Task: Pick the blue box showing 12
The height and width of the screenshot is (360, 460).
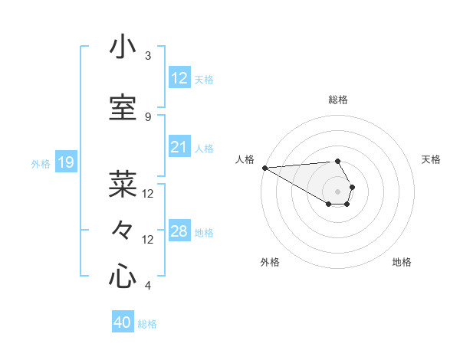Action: tap(179, 77)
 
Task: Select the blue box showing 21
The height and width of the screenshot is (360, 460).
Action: tap(179, 147)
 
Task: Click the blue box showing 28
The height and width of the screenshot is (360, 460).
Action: tap(179, 231)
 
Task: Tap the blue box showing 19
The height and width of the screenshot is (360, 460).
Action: tap(65, 162)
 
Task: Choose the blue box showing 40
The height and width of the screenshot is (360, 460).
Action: tap(123, 322)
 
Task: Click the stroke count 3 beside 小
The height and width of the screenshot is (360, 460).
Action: tap(148, 56)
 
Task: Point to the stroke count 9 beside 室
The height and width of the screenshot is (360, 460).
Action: tap(148, 117)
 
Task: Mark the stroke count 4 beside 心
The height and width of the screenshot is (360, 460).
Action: tap(148, 286)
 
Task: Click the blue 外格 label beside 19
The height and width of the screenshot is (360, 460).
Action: tap(41, 163)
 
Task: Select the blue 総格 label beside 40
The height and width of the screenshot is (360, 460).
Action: tap(147, 324)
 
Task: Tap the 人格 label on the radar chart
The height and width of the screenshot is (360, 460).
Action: tap(245, 159)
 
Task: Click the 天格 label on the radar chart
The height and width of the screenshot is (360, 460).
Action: tap(432, 159)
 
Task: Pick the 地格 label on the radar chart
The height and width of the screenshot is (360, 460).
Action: tap(402, 262)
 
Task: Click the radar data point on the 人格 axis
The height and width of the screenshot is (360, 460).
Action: tap(264, 168)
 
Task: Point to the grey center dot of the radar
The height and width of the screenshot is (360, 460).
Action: tap(337, 191)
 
